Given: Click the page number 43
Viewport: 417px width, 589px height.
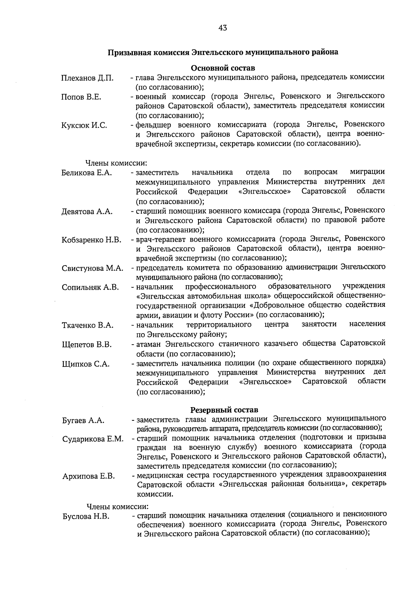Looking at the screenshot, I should [x=223, y=28].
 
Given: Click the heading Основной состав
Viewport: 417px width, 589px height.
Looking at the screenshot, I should [x=223, y=67].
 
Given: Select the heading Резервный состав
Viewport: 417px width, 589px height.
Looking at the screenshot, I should [x=224, y=410].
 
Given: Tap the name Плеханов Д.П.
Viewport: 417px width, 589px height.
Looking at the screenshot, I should [x=87, y=78].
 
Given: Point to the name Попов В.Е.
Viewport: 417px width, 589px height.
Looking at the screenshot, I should [x=81, y=97].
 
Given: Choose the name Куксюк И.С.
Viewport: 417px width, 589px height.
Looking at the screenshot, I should [x=84, y=126].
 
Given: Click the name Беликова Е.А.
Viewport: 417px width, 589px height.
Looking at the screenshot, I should [x=87, y=173].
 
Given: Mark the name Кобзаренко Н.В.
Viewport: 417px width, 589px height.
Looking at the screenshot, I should [x=91, y=240].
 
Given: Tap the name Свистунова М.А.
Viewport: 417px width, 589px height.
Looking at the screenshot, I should [x=92, y=268].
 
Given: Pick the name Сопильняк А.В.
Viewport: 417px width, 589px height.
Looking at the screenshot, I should [x=90, y=287].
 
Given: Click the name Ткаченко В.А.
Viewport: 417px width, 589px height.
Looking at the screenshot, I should [x=88, y=325].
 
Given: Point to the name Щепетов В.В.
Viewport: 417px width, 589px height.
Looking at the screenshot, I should [x=87, y=345].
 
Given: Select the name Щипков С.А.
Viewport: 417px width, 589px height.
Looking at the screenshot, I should [x=85, y=364].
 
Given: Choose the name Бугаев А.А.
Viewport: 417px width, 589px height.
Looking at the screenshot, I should [x=83, y=420].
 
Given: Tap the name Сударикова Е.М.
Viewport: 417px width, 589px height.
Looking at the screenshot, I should [x=93, y=439].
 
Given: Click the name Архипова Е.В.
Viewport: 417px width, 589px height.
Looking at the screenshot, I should [x=89, y=477].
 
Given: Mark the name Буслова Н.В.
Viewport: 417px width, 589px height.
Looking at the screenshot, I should [x=86, y=516].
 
